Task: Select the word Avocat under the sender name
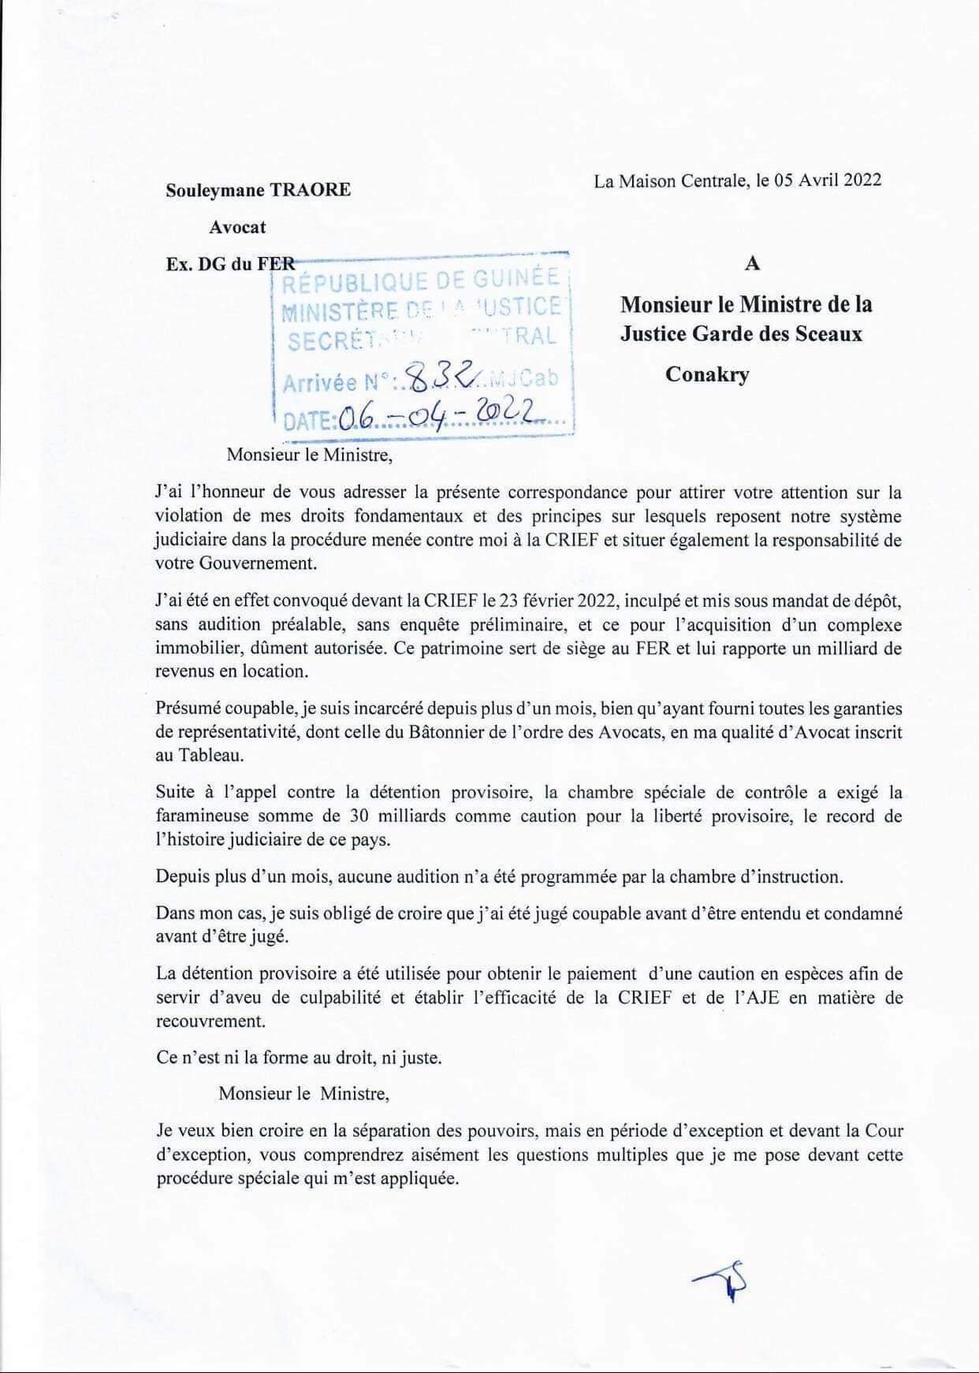[237, 227]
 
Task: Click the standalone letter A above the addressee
[752, 263]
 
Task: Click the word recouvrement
[210, 1021]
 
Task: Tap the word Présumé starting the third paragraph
[189, 709]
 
